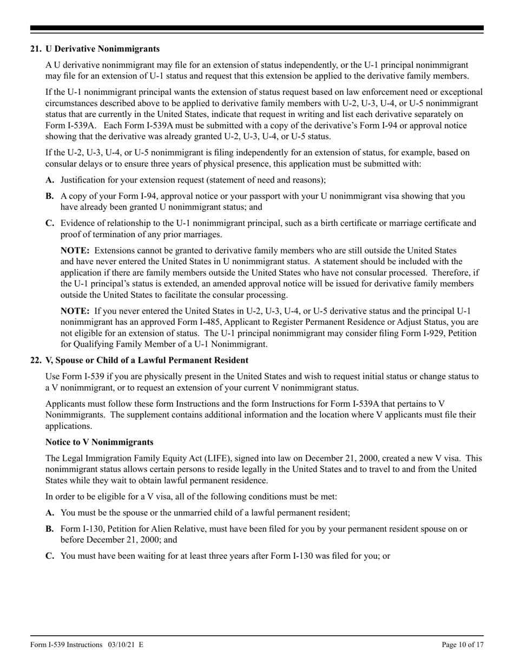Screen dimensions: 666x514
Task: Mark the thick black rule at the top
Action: click(x=257, y=28)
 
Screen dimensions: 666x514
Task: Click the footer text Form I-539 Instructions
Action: click(x=67, y=645)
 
